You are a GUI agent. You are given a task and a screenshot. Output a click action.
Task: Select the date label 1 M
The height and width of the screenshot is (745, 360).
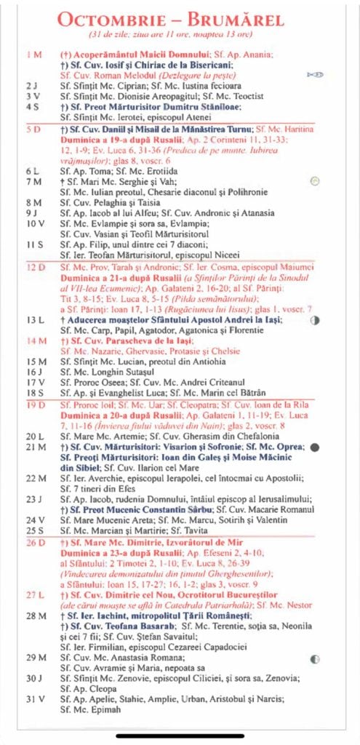34,55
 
